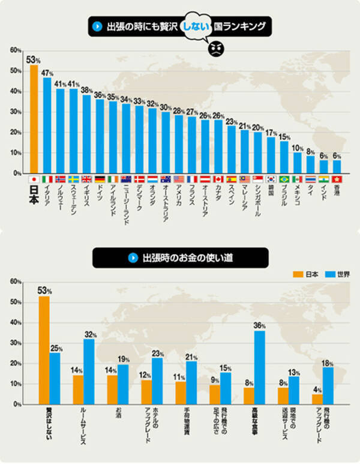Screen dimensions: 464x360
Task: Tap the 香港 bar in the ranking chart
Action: pyautogui.click(x=337, y=166)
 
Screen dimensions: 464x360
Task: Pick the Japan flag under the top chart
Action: pyautogui.click(x=34, y=179)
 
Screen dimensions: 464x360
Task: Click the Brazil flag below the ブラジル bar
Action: pyautogui.click(x=284, y=179)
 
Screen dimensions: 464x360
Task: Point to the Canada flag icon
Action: pyautogui.click(x=218, y=179)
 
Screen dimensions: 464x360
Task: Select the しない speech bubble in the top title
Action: pyautogui.click(x=197, y=26)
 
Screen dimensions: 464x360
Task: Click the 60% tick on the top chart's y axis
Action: pyautogui.click(x=16, y=50)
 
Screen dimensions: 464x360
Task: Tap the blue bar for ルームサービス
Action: pyautogui.click(x=89, y=372)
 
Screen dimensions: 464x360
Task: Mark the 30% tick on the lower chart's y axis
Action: pyautogui.click(x=16, y=343)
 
